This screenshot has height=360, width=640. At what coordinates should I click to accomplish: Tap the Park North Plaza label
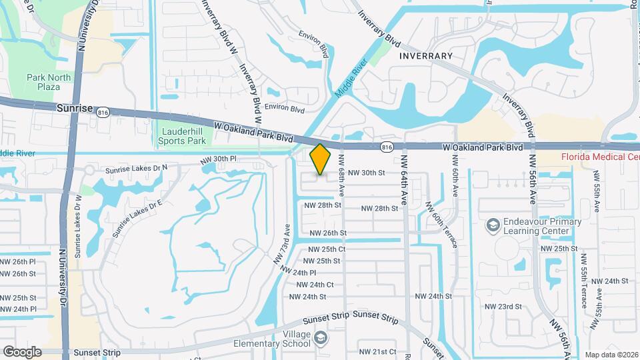[49, 82]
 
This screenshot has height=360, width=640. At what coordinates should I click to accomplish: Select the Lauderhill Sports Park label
[183, 135]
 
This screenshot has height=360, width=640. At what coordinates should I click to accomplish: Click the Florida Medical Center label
[600, 157]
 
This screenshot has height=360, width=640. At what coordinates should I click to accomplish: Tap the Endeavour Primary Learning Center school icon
[493, 226]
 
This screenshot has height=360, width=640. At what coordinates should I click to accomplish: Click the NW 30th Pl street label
[219, 160]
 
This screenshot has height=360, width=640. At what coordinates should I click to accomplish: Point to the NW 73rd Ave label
[283, 245]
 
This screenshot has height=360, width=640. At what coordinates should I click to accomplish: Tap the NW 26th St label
[325, 233]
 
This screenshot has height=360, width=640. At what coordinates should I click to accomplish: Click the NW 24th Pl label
[298, 273]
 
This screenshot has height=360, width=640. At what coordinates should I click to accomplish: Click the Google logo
[22, 351]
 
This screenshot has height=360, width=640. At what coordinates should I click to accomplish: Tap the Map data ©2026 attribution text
[611, 355]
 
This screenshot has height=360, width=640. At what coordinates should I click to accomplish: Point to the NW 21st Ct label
[378, 351]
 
